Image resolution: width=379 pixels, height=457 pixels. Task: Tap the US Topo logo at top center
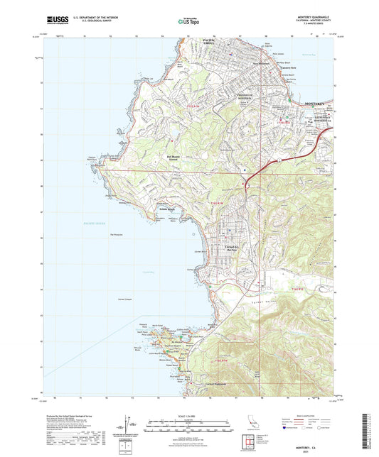coord(188,22)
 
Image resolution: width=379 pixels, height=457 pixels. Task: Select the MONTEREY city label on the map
coord(318,104)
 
